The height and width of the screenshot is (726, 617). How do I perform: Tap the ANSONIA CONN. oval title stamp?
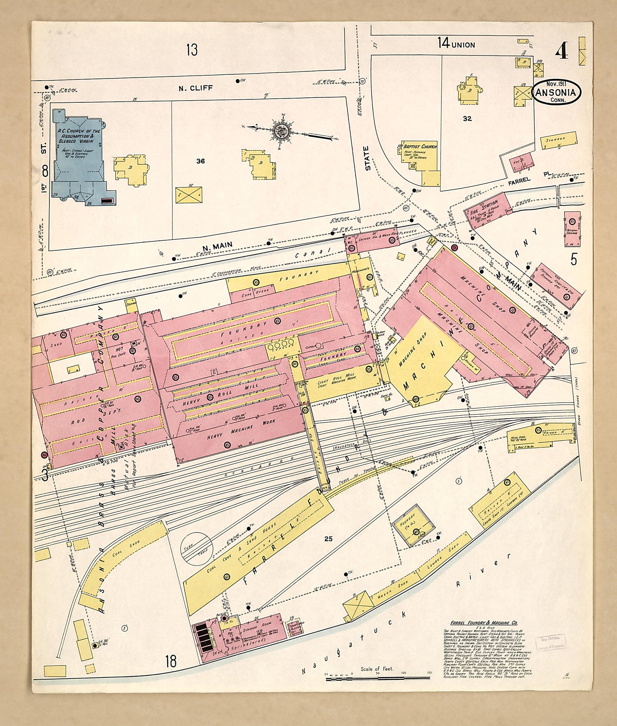(557, 92)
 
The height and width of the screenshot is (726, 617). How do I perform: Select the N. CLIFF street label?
(195, 88)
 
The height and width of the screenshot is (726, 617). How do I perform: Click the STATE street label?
(368, 158)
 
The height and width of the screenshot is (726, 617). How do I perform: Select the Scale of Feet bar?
(378, 679)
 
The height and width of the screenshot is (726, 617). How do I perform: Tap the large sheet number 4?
(562, 52)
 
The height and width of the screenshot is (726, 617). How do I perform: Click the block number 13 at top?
(192, 50)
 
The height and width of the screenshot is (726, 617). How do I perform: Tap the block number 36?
(200, 161)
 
